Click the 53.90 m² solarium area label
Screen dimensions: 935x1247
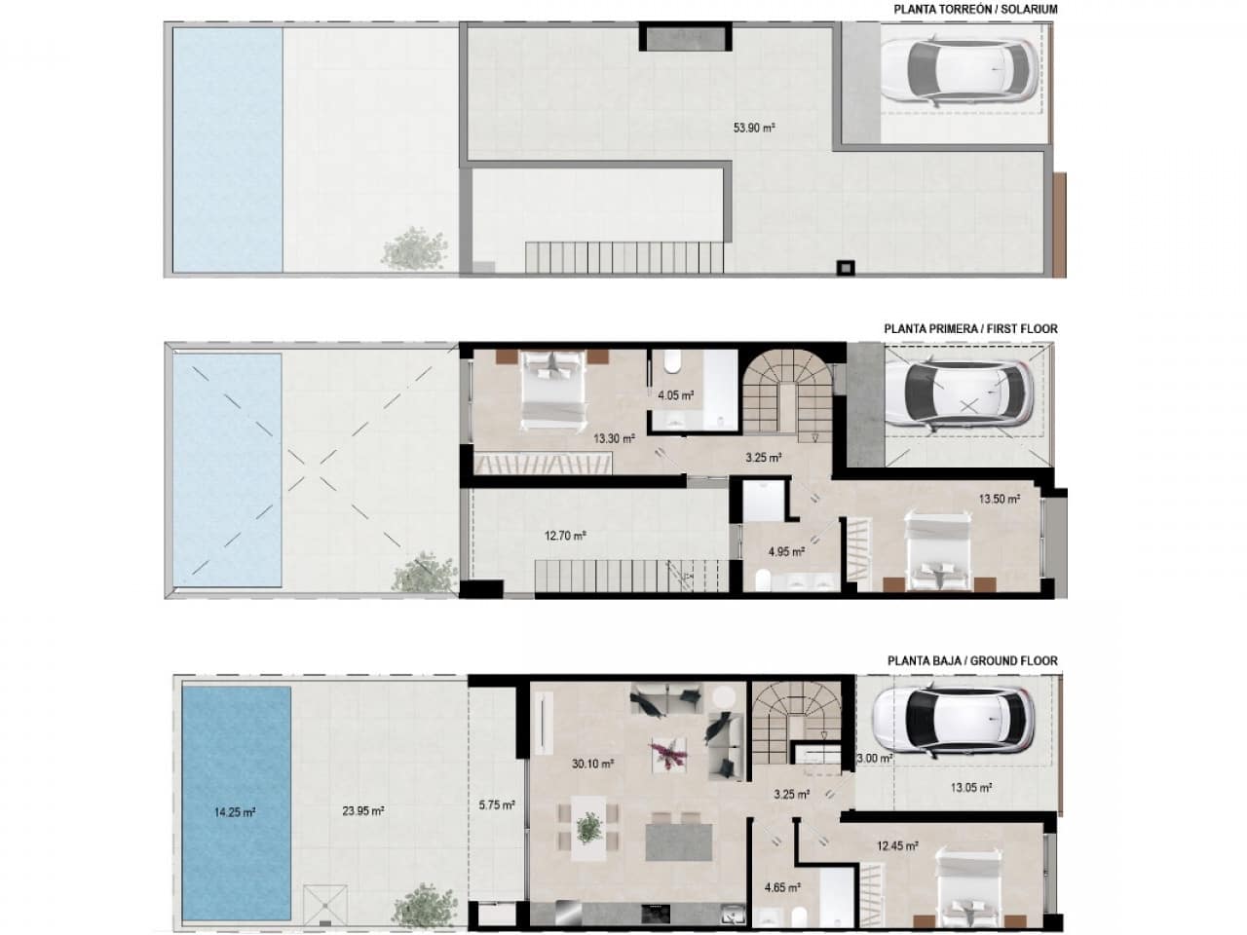754,127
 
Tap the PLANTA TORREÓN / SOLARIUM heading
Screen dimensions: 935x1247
975,10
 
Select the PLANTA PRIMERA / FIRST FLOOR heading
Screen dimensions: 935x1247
970,329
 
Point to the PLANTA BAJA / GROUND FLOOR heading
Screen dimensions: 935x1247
972,660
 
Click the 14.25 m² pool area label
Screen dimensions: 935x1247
235,811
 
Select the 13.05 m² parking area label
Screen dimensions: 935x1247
971,787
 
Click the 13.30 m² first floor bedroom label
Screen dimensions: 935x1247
615,438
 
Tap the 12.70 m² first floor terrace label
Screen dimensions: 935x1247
565,535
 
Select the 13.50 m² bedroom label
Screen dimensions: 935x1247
1000,499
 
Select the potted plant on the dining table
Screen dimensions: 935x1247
588,828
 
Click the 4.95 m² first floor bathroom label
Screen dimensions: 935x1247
785,551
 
